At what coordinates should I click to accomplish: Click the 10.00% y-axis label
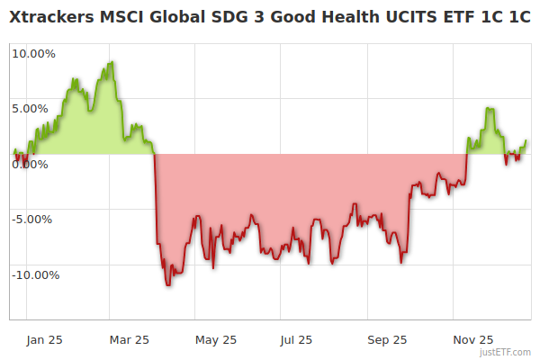coord(33,53)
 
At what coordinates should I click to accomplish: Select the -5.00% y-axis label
coord(34,219)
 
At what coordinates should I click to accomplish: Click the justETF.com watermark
coord(507,352)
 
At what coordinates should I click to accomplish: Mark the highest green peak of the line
coord(112,62)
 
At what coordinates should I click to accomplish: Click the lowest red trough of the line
coord(167,285)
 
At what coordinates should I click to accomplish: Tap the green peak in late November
coord(488,108)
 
